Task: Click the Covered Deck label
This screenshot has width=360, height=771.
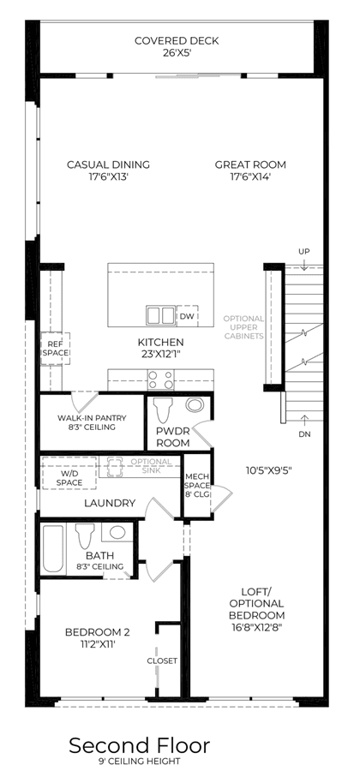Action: pos(177,45)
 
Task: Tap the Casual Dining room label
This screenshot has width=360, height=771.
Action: pos(108,170)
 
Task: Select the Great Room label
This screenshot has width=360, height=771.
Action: pos(250,170)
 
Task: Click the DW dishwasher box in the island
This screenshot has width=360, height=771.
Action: pos(187,315)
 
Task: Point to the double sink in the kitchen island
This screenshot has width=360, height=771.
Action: pos(160,315)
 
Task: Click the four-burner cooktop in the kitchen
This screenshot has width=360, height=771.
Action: pos(161,380)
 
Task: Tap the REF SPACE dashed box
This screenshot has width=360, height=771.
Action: pos(55,349)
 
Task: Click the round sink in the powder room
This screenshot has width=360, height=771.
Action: pos(195,405)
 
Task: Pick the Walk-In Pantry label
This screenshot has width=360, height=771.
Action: pos(92,422)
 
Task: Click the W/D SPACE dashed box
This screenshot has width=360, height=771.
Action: pos(69,473)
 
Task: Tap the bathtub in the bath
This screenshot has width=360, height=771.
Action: pos(52,549)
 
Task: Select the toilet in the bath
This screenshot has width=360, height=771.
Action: pos(85,536)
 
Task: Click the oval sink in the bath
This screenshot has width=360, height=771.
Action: pos(117,532)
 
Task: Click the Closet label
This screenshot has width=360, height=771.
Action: pos(162,660)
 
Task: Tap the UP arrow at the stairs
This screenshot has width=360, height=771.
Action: pos(304,264)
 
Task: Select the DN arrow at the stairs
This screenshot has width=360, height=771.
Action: pos(304,420)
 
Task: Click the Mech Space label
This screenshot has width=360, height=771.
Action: pos(197,486)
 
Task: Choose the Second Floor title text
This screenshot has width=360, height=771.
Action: pos(139,745)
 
